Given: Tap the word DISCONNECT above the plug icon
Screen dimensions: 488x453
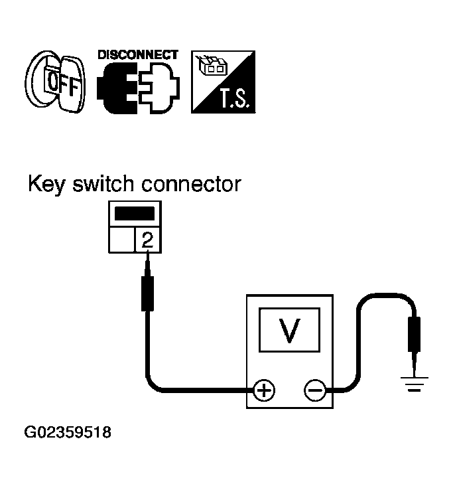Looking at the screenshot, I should tap(137, 55).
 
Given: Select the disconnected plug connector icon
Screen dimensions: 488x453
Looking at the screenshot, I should tap(137, 88).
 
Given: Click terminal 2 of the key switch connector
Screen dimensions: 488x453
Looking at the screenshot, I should tap(147, 240).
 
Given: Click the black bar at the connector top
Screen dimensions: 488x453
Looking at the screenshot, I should tap(134, 214).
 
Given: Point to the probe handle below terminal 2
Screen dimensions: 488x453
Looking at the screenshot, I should tap(147, 295).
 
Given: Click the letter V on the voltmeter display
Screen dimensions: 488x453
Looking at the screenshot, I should tap(289, 329).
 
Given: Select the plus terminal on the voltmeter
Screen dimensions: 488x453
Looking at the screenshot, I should tap(264, 390).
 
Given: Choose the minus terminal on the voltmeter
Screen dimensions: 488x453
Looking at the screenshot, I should tap(314, 390).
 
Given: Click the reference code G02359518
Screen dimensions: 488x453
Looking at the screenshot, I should tap(67, 433).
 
